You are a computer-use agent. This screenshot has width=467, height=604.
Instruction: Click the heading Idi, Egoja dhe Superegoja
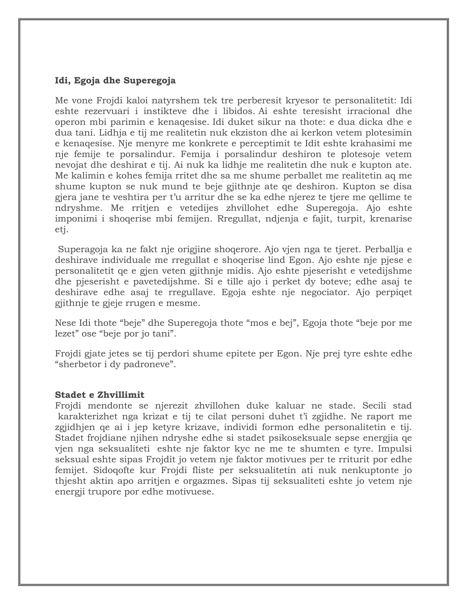click(115, 81)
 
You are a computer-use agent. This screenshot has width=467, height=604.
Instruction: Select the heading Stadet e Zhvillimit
click(100, 395)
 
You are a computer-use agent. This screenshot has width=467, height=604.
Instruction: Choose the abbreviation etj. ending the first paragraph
click(61, 230)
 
